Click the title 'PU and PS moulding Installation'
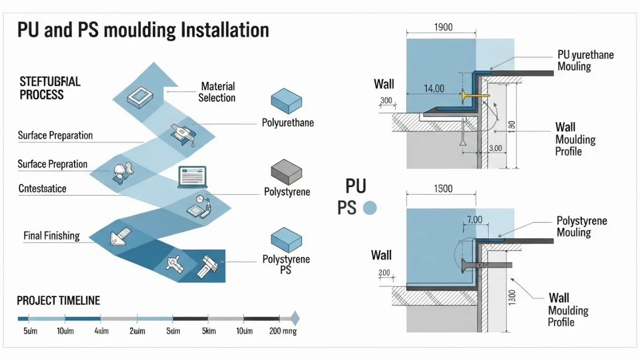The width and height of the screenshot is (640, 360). point(143,30)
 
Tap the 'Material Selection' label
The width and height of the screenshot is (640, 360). point(217,92)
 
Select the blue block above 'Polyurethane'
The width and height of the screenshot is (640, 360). point(286,101)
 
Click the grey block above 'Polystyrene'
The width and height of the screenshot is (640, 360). point(286,171)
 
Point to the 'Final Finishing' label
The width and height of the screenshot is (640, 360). point(52,235)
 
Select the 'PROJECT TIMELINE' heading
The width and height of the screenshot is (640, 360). point(58,301)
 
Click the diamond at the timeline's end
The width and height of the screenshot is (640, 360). point(294,318)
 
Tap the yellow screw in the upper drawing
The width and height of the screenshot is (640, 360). point(473,95)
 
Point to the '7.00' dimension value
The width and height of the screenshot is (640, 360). point(474,219)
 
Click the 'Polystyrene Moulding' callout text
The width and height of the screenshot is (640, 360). point(581,227)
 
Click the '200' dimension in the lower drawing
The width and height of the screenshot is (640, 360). point(384,273)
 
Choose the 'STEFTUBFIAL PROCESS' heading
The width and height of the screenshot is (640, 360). point(50,88)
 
